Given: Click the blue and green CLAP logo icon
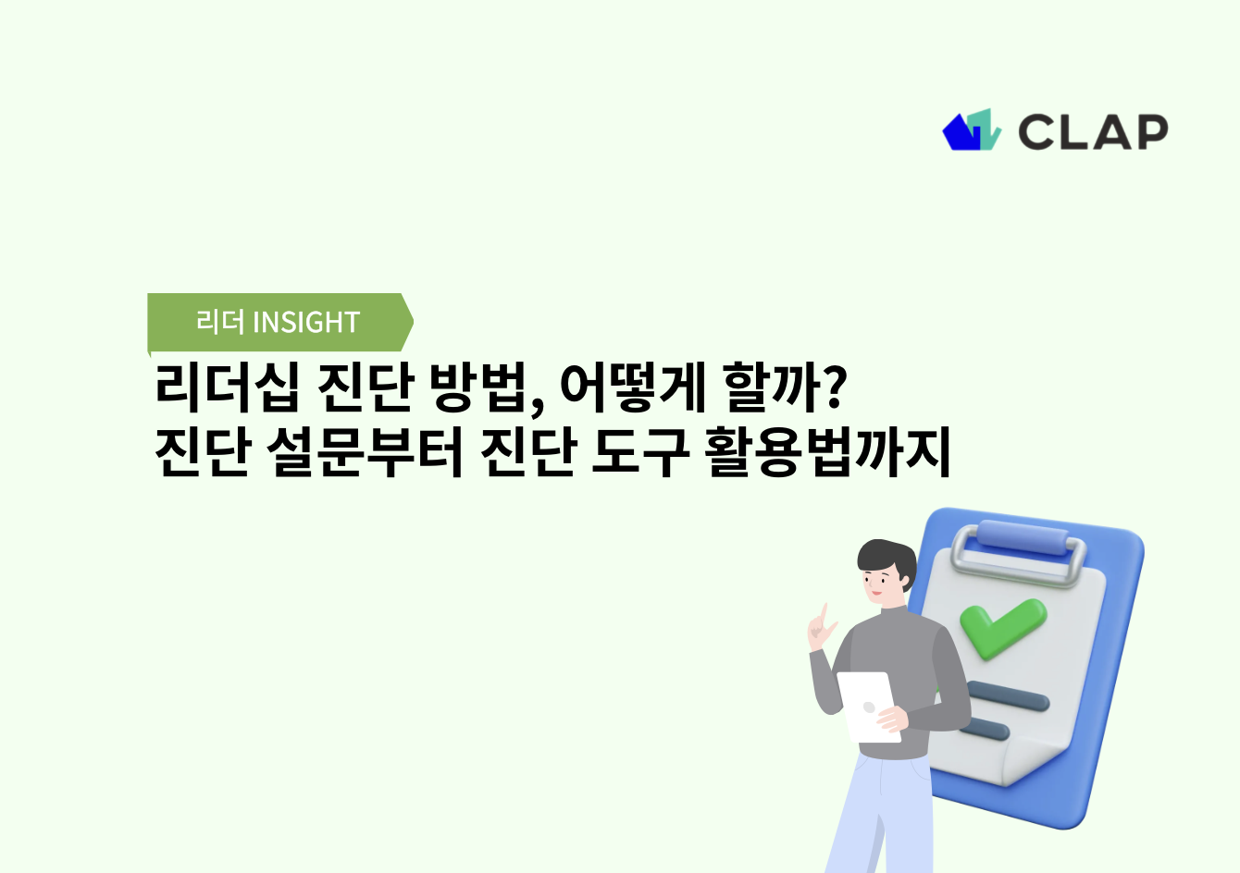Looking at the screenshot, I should coord(971,130).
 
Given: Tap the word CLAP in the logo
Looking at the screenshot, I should coord(1093,132).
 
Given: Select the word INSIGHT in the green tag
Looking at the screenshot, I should coord(306,323).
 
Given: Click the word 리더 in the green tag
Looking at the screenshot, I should coord(219,323).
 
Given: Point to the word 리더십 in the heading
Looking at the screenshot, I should coord(228,388).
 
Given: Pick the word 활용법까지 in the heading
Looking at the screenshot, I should coord(828,453).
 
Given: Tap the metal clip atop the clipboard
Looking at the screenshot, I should coord(1018,546).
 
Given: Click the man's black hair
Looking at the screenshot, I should coord(884,555).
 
